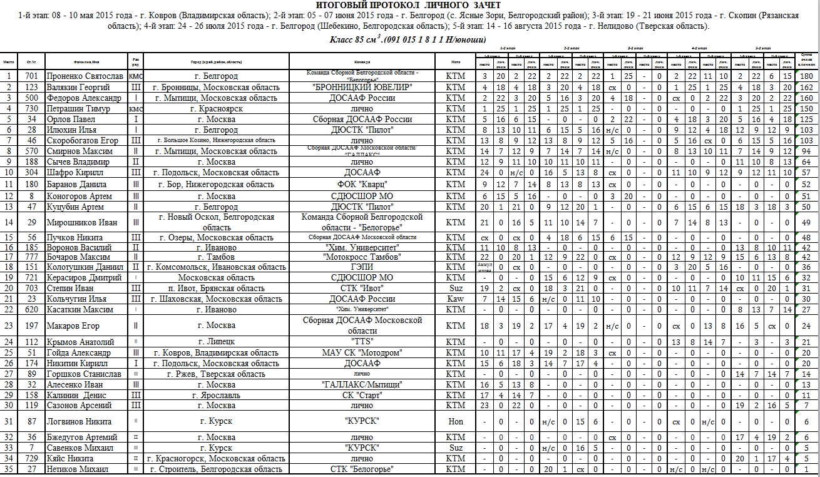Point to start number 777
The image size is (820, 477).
pos(31,257)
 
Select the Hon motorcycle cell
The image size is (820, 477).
pos(456,421)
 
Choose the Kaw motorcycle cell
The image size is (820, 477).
pos(456,299)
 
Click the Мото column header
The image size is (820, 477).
pos(456,62)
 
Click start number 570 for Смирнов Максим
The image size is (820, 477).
pos(31,151)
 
